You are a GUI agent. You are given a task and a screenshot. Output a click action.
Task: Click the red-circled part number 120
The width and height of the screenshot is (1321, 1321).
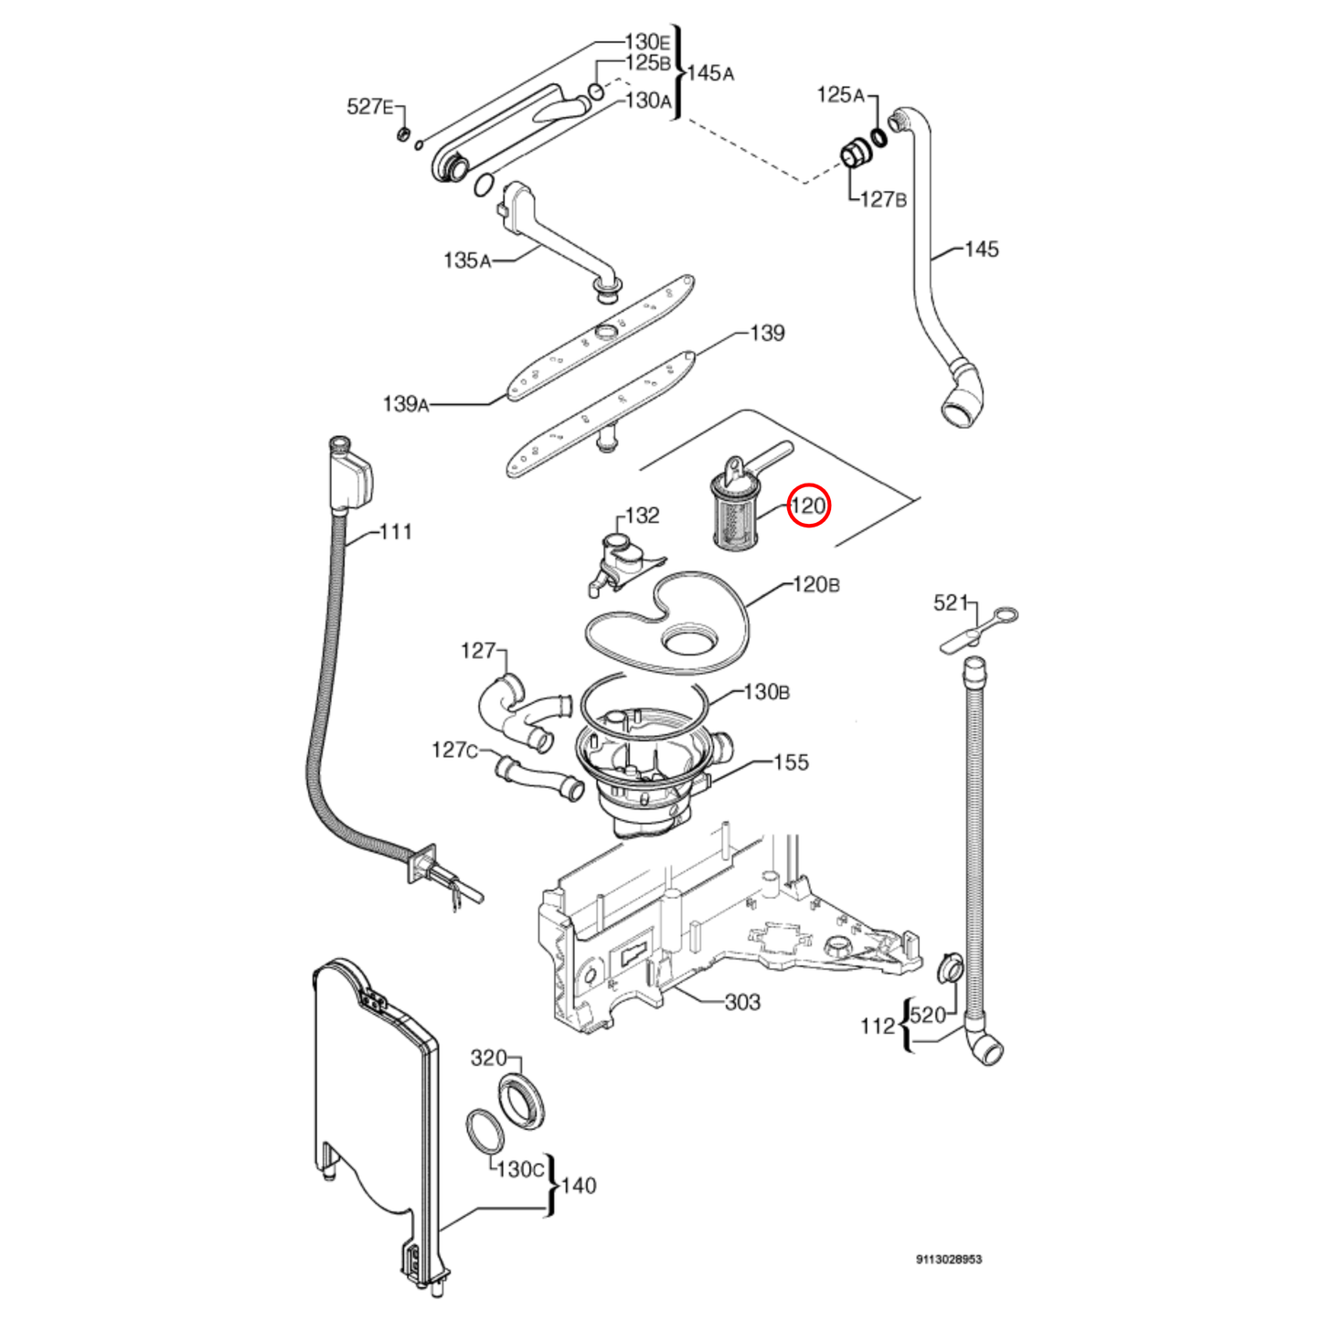tap(808, 506)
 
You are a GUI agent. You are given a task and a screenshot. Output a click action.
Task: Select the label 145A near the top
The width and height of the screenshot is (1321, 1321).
tap(710, 73)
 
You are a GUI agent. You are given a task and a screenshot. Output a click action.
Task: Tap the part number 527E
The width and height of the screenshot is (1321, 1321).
tap(369, 107)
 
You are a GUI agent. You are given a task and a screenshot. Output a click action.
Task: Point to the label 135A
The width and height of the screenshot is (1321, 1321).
tap(466, 261)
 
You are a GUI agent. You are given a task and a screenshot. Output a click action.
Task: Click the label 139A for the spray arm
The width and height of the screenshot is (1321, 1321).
tap(405, 403)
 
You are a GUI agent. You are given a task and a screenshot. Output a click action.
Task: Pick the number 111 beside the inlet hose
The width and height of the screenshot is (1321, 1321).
tap(395, 531)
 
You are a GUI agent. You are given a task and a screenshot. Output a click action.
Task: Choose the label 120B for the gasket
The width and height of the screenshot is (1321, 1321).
tap(815, 584)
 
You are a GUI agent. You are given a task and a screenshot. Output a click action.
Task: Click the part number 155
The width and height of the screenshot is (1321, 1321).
tap(791, 762)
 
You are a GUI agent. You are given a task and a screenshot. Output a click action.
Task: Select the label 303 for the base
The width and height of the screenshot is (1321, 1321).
tap(742, 1002)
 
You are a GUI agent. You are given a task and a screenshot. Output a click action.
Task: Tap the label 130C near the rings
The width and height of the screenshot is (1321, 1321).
tap(520, 1168)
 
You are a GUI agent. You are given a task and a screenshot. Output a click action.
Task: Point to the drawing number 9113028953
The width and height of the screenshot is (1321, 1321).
tap(949, 1259)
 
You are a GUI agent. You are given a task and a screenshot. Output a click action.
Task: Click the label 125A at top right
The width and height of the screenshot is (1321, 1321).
tap(840, 94)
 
